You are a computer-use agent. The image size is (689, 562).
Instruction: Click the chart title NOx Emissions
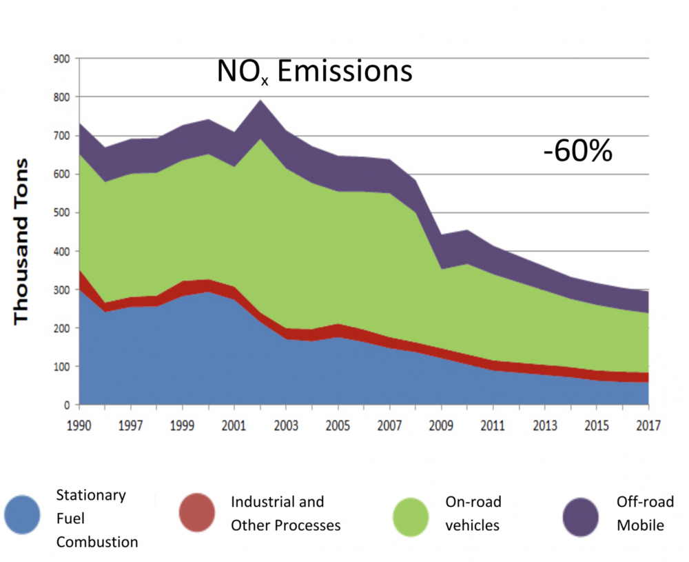[315, 72]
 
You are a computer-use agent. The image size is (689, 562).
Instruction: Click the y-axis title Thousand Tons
[22, 241]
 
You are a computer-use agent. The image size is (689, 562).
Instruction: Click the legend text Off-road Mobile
[640, 513]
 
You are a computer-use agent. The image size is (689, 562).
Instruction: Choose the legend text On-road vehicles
[473, 513]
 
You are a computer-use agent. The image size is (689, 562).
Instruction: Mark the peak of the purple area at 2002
[260, 101]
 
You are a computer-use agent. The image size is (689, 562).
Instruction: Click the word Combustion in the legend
[97, 542]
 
